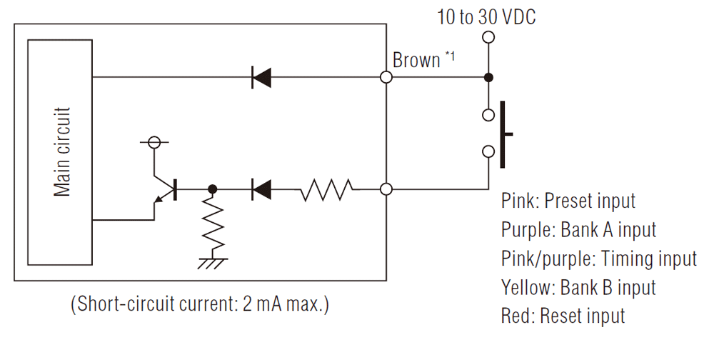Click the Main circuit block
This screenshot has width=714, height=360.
pos(60,151)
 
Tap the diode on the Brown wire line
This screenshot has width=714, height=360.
pos(261,77)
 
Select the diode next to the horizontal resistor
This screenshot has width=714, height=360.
pos(261,189)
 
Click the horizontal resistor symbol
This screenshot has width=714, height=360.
pos(326,189)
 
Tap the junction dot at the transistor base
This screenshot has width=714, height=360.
pos(213,189)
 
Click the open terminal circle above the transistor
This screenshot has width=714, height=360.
pos(153,142)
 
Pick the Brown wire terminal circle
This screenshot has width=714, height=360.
pos(386,77)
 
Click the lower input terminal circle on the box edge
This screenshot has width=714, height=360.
pos(386,189)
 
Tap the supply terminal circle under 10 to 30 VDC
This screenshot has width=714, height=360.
pos(488,36)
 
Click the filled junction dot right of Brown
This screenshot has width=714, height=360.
pos(488,77)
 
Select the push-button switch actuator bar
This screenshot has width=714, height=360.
pos(504,134)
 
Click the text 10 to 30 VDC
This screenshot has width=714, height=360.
pos(486,16)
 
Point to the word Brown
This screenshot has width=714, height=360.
pos(416,61)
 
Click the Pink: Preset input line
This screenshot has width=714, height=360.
pos(568,201)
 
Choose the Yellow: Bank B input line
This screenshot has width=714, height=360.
pos(578,287)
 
